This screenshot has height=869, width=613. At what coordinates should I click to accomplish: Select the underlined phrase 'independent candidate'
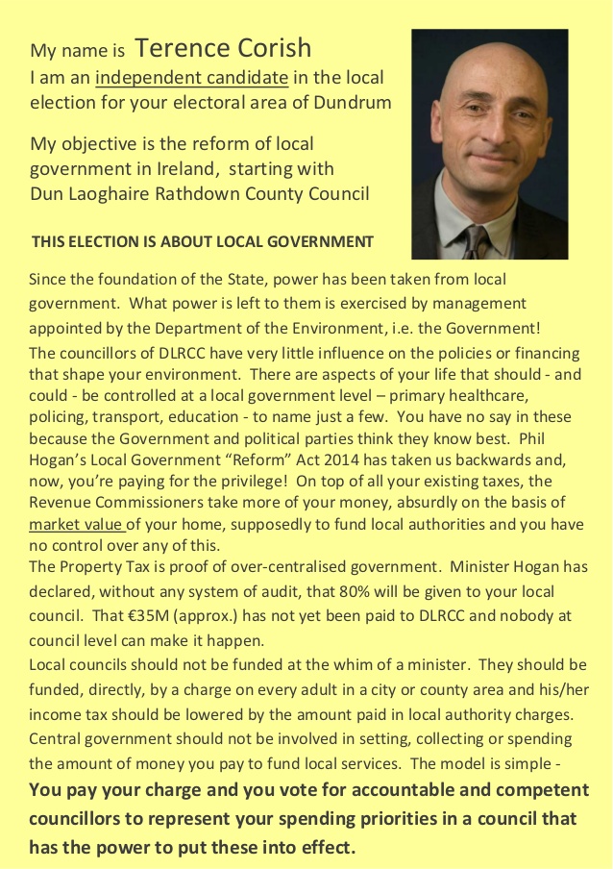point(192,77)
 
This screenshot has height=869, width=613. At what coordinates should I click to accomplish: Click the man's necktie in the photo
point(475,241)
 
